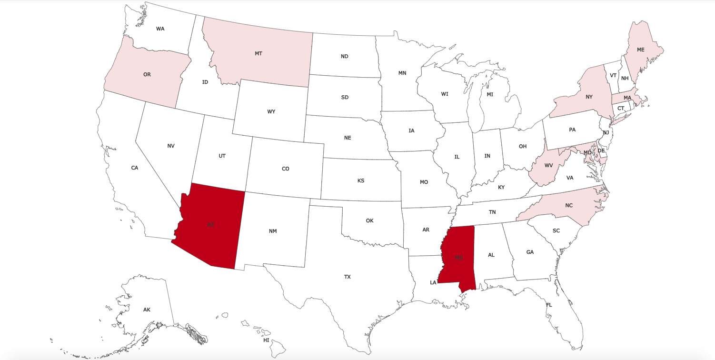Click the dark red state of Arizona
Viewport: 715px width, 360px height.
[211, 225]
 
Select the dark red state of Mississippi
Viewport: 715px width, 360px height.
[458, 257]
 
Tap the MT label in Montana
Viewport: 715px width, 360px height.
[258, 53]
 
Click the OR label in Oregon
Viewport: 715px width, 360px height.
[147, 74]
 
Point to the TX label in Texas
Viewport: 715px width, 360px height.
[348, 277]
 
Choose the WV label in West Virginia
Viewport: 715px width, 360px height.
[548, 165]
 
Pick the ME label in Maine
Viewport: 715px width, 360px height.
[641, 50]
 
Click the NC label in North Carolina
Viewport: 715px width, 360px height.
[569, 205]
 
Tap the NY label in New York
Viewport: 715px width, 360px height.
[589, 97]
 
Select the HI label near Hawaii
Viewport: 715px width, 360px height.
[266, 340]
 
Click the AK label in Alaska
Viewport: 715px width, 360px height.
[147, 310]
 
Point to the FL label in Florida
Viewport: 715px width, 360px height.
[549, 305]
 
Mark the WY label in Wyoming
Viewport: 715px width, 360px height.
[271, 111]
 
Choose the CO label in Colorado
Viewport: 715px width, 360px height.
[285, 169]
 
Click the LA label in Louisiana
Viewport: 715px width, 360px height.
[433, 282]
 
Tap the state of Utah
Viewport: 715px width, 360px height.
[222, 156]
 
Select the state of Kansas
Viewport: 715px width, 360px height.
[361, 180]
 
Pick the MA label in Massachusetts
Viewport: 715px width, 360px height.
[627, 98]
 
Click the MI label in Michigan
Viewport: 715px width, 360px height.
[490, 94]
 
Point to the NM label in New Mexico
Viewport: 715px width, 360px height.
[273, 231]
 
